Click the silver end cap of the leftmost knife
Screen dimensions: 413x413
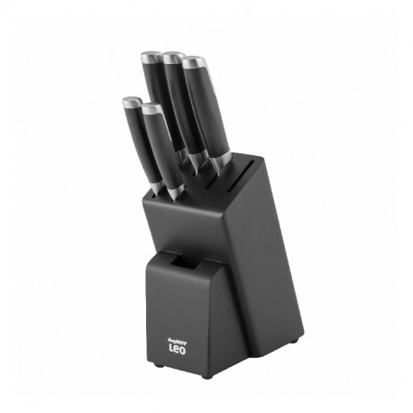131,103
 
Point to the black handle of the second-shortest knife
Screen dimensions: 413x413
161,149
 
